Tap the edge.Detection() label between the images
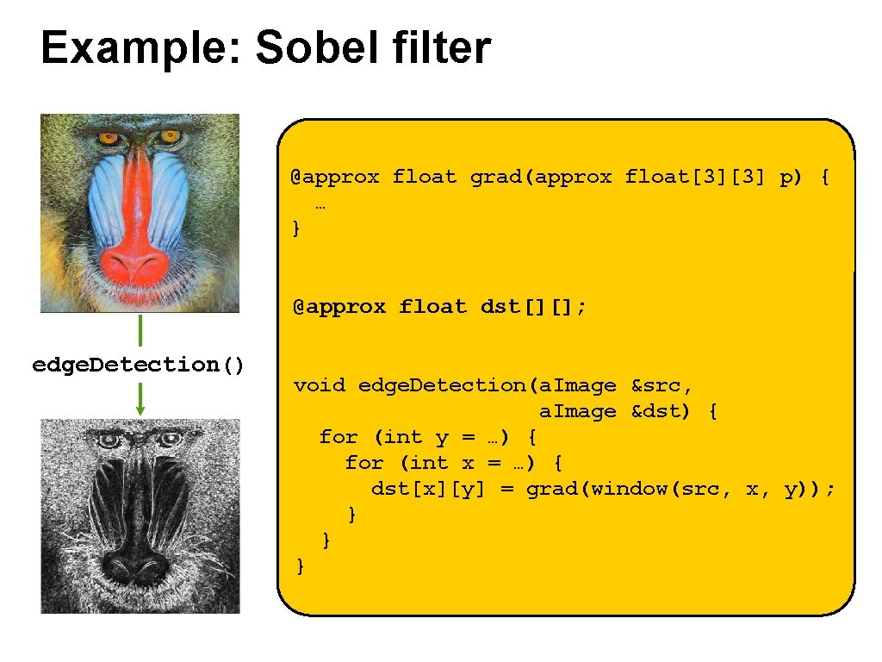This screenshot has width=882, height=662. [139, 365]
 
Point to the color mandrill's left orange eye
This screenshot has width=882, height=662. [108, 137]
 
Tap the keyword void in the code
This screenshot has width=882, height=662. [320, 385]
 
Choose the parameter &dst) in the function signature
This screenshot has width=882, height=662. [662, 411]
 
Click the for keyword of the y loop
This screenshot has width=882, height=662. [339, 437]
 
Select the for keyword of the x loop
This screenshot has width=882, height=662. [364, 463]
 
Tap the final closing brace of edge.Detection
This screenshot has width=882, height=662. [299, 565]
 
